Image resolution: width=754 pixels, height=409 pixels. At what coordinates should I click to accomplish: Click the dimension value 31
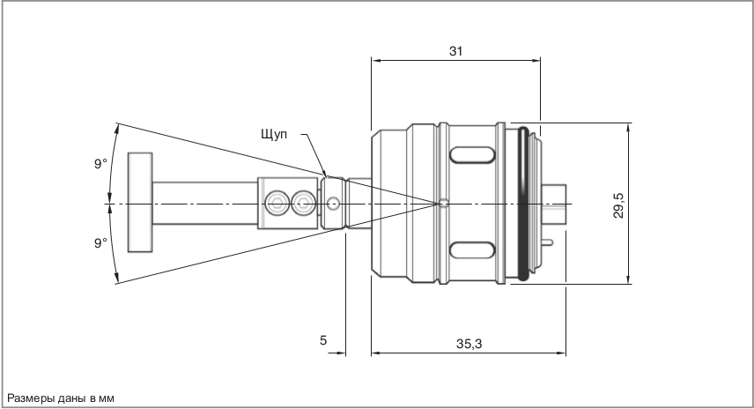tap(455, 51)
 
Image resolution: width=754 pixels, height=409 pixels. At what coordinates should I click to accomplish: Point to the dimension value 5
tap(323, 339)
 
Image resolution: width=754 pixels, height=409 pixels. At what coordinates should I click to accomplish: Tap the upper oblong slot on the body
tap(471, 156)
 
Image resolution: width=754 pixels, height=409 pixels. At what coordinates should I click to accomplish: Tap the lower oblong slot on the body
tap(471, 249)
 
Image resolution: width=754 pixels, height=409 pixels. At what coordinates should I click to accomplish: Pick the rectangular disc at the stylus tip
tap(139, 201)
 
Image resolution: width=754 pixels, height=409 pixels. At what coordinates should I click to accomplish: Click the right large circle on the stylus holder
tap(304, 204)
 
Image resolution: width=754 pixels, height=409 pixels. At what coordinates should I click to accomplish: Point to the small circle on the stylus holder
tap(333, 204)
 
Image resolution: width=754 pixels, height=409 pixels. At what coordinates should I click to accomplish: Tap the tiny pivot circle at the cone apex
tap(445, 204)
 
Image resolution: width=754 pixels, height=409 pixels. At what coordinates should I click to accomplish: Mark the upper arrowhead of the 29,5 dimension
tap(627, 128)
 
